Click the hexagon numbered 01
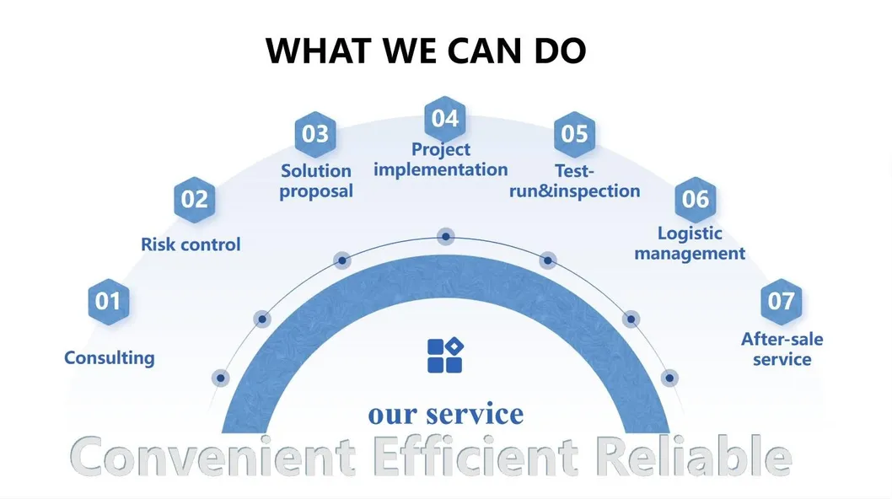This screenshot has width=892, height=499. (109, 302)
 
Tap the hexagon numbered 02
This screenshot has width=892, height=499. (195, 200)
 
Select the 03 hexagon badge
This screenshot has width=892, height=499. (315, 134)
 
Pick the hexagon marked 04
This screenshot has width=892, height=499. (445, 119)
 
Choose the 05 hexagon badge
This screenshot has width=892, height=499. (574, 134)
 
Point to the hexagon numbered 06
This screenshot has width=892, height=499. (696, 200)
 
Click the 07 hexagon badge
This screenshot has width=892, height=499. (781, 302)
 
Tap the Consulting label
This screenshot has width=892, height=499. (110, 358)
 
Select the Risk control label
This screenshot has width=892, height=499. (191, 244)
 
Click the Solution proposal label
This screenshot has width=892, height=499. (316, 181)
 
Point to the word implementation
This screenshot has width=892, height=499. (441, 169)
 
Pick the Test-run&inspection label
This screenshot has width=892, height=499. (574, 181)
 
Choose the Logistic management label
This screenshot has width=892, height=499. (690, 244)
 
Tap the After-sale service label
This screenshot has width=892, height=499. (782, 349)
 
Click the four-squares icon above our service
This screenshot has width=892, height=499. (445, 356)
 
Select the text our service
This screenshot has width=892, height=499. (445, 414)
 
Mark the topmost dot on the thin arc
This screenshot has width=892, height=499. (445, 236)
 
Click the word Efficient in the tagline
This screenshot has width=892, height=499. (476, 456)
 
